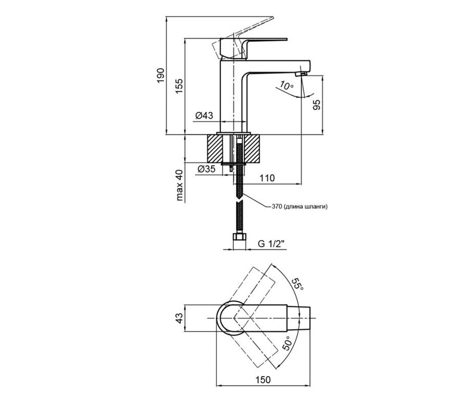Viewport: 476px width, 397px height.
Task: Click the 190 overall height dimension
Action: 161,75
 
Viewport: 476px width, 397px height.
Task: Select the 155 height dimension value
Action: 179,86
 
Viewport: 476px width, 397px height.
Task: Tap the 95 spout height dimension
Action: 317,105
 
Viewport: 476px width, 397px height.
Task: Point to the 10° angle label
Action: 286,85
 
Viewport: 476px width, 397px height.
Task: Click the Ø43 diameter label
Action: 204,116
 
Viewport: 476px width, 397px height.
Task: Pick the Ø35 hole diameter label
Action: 207,169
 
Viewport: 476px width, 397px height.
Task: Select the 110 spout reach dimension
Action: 267,178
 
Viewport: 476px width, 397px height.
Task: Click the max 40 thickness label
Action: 180,185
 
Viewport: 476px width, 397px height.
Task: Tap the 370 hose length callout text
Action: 300,207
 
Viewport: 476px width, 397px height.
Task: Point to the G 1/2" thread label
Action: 271,244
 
